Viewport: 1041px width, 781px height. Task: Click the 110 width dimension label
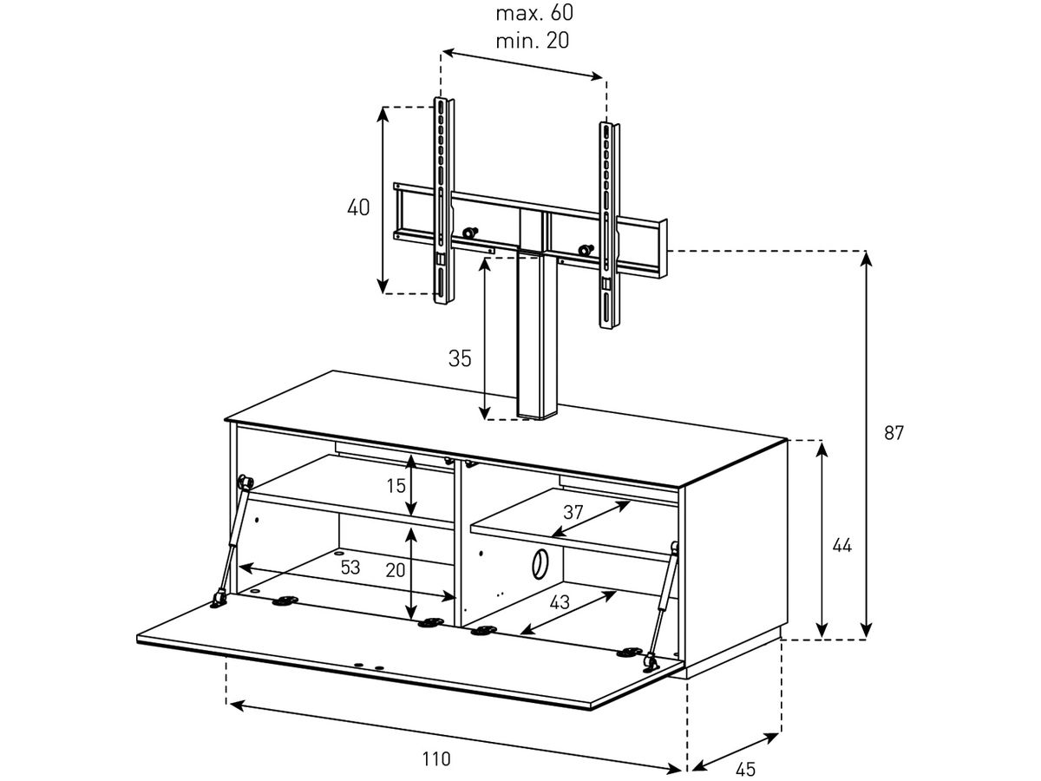tap(436, 759)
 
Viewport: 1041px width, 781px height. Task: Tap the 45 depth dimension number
tap(745, 769)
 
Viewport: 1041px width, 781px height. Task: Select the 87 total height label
tap(894, 433)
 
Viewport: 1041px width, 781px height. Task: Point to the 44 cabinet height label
tap(841, 546)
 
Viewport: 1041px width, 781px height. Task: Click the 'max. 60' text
tap(534, 13)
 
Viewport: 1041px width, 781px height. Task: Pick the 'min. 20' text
tap(533, 41)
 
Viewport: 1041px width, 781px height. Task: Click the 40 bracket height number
tap(358, 208)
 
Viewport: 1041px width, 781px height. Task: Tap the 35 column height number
tap(460, 358)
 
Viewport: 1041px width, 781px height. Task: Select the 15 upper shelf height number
tap(396, 486)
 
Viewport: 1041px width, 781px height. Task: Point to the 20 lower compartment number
tap(396, 569)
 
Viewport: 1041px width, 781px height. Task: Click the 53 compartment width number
tap(350, 568)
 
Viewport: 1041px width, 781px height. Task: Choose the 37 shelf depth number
tap(573, 512)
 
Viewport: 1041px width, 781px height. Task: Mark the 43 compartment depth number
tap(560, 602)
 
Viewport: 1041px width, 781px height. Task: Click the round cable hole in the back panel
tap(539, 563)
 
